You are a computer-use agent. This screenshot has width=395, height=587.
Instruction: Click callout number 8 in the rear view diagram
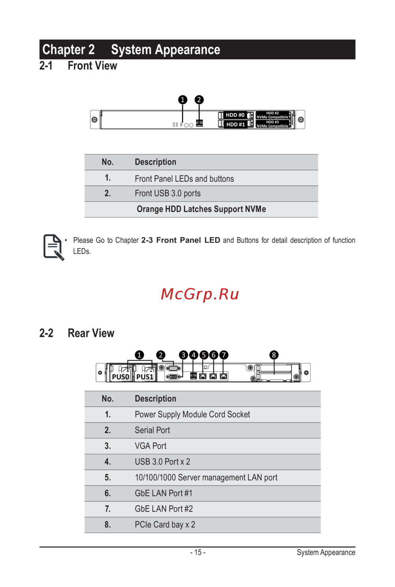[274, 355]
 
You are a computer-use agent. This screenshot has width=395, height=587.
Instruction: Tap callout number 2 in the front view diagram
[199, 100]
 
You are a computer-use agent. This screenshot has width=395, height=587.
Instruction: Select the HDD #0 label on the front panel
[235, 115]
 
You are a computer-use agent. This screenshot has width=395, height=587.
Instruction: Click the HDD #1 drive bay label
[235, 124]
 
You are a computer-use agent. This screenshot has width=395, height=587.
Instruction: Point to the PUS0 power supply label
[120, 377]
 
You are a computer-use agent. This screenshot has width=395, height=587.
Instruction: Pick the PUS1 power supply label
[145, 377]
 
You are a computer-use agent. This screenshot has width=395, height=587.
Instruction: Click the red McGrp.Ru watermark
[200, 294]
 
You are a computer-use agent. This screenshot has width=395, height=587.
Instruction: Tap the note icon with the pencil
[53, 247]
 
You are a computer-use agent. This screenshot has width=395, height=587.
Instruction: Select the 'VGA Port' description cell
[150, 446]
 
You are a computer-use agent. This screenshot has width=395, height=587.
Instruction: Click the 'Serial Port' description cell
[152, 430]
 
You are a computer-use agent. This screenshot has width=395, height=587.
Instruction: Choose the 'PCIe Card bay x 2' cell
[165, 525]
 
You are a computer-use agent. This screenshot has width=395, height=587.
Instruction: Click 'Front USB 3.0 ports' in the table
[167, 194]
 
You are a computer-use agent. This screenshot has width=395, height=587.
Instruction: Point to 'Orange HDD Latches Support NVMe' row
[201, 209]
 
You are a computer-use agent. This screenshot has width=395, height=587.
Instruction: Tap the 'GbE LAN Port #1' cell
[164, 493]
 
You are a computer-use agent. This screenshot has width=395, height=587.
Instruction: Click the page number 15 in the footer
[198, 552]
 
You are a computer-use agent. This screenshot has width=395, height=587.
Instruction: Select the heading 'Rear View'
[91, 333]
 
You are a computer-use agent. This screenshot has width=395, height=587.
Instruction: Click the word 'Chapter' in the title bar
[64, 50]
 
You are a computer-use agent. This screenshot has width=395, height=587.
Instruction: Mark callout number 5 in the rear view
[204, 355]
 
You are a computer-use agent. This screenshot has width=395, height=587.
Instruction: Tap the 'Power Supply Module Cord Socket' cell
[192, 414]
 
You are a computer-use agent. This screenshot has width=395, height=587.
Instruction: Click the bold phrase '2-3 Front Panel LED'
[181, 240]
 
